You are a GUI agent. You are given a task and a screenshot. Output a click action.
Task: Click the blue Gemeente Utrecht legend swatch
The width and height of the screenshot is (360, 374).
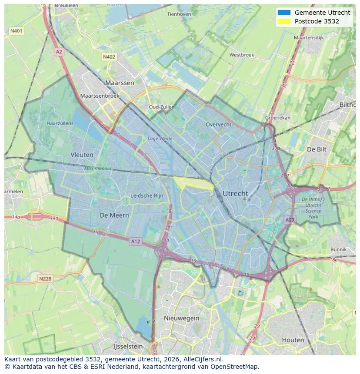[x=283, y=13]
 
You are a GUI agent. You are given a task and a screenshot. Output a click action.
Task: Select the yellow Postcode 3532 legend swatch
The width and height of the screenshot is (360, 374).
[x=283, y=21]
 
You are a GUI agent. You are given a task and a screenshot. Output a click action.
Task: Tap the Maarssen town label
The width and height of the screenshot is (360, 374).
[x=120, y=83]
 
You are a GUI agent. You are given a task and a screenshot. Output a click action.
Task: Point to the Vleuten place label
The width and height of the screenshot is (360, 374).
[x=82, y=154]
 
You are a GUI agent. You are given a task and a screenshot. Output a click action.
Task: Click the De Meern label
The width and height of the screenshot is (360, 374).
[x=114, y=215]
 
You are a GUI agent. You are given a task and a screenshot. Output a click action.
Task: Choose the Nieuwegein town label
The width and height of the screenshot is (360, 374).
[x=181, y=318]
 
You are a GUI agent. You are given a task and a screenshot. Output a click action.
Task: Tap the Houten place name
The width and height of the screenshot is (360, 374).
[x=293, y=340]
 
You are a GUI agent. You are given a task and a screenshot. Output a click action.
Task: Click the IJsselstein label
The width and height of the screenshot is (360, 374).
[x=128, y=346]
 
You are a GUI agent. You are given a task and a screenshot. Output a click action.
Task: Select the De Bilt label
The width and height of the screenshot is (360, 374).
[x=317, y=149]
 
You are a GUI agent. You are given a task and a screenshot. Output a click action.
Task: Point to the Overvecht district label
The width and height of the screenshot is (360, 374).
[x=218, y=124]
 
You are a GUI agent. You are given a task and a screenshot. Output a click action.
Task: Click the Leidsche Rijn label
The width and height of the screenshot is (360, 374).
[x=147, y=195]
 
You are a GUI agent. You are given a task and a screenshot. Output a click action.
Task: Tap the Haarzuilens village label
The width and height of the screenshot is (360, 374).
[x=60, y=123]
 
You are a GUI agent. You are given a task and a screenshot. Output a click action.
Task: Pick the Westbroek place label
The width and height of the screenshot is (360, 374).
[x=241, y=55]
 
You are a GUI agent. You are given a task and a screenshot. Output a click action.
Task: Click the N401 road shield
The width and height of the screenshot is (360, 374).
[x=17, y=31]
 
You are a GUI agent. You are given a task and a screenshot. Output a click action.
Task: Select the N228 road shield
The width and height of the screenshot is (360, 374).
[x=46, y=278]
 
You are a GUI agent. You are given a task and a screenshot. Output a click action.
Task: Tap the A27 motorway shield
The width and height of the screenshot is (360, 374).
[x=290, y=220]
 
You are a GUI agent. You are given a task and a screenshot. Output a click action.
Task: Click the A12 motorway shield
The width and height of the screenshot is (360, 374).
[x=136, y=241]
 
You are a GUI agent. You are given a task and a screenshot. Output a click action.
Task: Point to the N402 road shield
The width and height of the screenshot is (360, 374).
[x=109, y=57]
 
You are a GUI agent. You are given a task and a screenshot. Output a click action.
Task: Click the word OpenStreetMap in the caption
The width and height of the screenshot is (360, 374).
[x=235, y=366]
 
